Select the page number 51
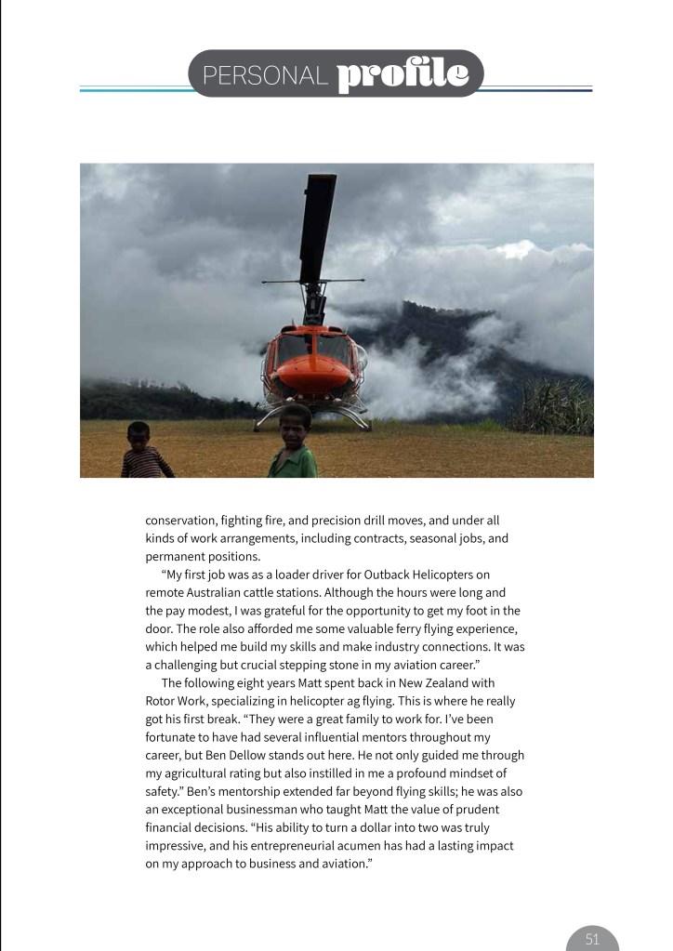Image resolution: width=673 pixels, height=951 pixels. click(x=592, y=939)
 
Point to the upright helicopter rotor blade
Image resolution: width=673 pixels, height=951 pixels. click(x=318, y=227)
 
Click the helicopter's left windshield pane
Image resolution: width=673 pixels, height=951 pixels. click(x=292, y=349)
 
